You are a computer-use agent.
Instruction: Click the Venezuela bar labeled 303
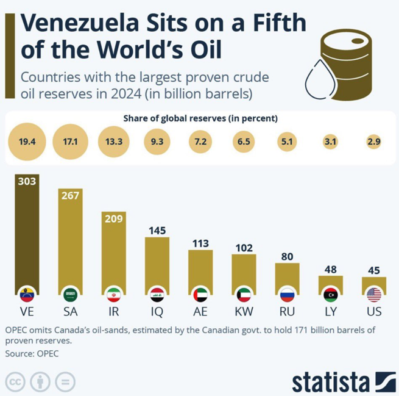point(27,232)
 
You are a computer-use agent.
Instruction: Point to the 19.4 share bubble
point(27,142)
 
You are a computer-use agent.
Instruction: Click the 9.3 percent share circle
point(157,142)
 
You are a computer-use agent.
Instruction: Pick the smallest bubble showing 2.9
point(374,142)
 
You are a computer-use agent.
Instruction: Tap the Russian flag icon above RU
point(287,295)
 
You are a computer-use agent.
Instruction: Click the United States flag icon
point(374,295)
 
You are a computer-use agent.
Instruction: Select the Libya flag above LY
point(331,295)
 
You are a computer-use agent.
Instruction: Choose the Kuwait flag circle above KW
point(244,295)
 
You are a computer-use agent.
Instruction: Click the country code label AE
point(200,312)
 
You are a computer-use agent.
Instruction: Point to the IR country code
point(113,312)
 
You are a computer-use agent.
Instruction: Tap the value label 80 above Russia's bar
point(287,256)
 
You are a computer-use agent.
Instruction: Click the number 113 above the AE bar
point(200,243)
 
